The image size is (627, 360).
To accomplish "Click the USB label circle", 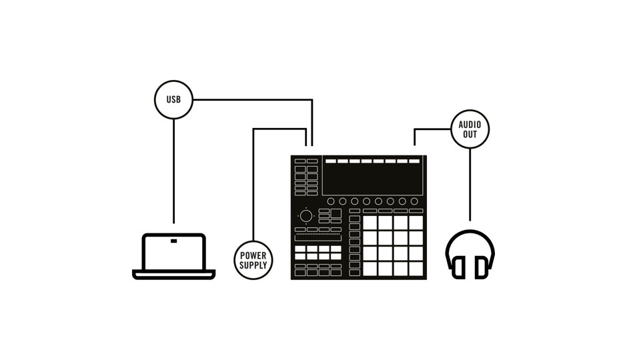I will click(173, 101).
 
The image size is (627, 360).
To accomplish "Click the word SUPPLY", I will click(253, 265).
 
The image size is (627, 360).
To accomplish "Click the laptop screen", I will click(173, 253).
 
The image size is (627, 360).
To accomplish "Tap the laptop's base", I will click(173, 274).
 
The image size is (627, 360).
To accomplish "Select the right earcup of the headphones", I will click(481, 267).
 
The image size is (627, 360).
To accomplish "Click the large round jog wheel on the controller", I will click(306, 216).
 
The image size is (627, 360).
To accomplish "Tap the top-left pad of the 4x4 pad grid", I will click(370, 222).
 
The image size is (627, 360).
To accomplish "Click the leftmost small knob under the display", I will click(330, 201).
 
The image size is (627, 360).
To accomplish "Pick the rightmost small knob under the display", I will click(414, 201).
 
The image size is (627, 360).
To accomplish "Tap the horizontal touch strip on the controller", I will click(318, 238).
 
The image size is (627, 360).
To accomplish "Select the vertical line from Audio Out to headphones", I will click(470, 183).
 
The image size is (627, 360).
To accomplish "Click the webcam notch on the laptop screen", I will click(173, 240).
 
